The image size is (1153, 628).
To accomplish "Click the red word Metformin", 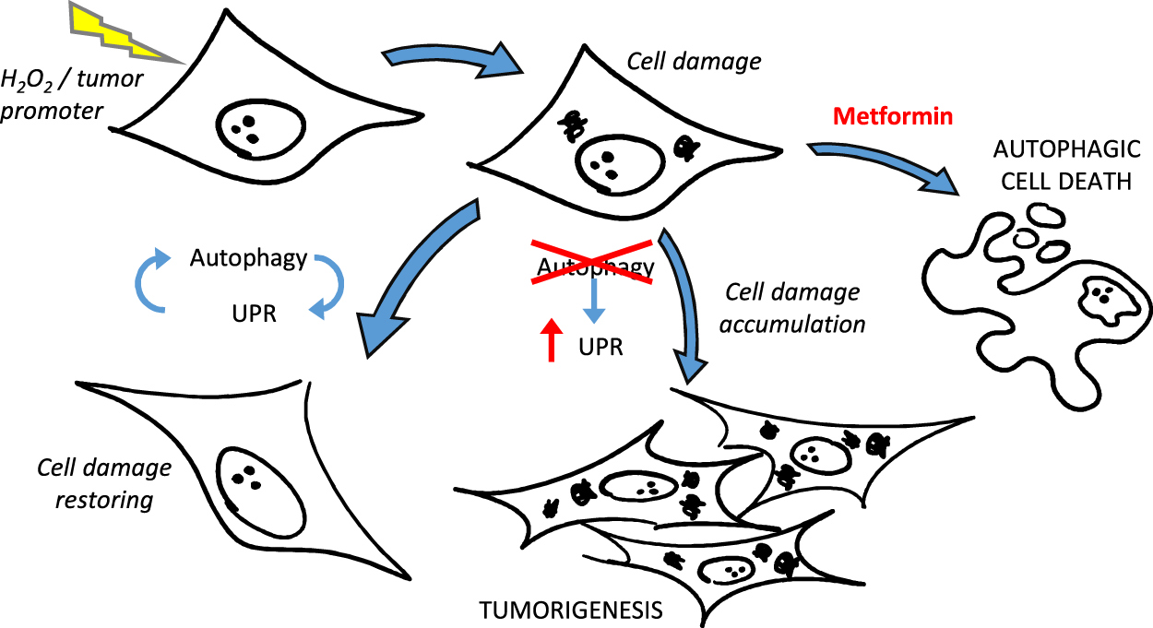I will click(x=892, y=117).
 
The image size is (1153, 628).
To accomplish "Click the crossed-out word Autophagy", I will click(x=596, y=268).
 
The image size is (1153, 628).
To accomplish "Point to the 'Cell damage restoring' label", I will click(x=104, y=484).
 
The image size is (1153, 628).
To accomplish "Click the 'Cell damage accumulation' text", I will click(x=794, y=308).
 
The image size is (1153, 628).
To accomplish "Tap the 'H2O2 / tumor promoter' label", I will click(x=73, y=96).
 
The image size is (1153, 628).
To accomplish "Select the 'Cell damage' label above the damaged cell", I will click(x=694, y=62).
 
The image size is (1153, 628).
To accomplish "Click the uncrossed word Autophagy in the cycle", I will click(x=248, y=258).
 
